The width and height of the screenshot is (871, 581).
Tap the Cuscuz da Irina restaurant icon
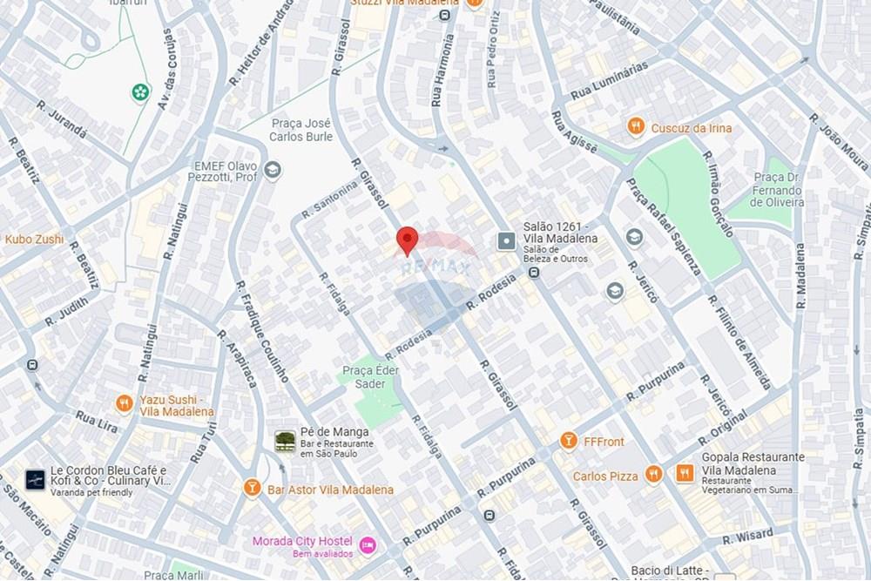point(636,127)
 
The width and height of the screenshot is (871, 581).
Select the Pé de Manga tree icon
point(284,441)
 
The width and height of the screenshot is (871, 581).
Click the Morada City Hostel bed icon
point(368,545)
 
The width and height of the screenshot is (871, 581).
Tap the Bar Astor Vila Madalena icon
point(253,489)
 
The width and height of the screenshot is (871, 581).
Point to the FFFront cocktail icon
point(569,441)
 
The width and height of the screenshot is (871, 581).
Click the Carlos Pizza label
point(604,476)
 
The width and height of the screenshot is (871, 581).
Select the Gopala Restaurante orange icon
point(679,474)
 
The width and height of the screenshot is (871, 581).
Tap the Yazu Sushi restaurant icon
point(125,403)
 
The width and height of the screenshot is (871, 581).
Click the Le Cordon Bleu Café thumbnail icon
point(35,479)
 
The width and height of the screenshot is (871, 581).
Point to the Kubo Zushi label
point(34,239)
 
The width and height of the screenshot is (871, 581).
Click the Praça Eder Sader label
point(370,377)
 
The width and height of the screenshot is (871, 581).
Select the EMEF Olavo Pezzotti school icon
point(273,170)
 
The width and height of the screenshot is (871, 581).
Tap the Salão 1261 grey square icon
point(506,240)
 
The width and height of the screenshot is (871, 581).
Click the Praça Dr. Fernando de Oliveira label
point(778,189)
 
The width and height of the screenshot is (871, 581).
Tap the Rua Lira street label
point(96,422)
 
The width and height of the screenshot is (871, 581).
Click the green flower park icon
point(139,91)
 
